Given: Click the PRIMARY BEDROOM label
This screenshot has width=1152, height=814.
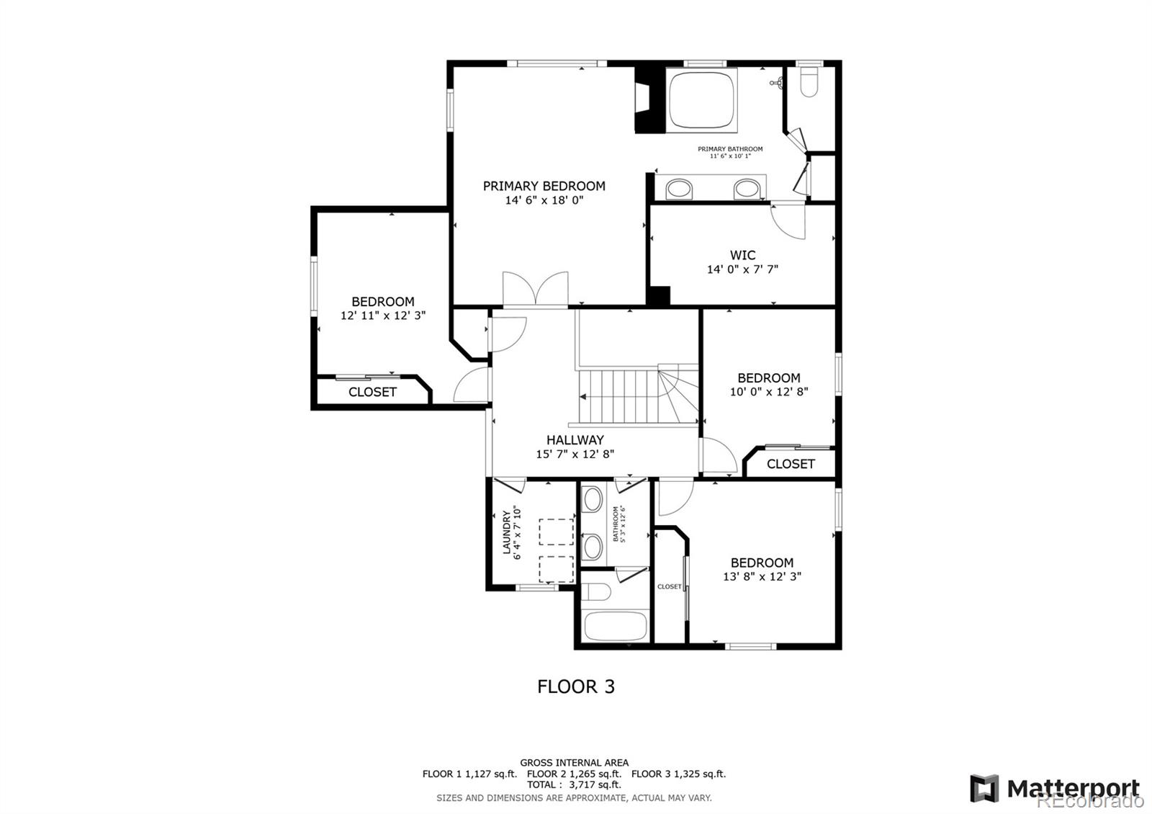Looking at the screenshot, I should point(544,186).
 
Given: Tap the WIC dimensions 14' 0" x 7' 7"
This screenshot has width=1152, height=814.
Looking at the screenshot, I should point(742,269).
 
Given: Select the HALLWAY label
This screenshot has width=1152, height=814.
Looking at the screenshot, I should point(575,440).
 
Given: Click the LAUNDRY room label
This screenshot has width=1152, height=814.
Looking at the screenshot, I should point(507,533).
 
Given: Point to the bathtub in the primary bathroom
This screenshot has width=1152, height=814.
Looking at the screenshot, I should point(702,100).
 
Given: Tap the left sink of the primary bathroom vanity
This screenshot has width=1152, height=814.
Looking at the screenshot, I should point(679,190).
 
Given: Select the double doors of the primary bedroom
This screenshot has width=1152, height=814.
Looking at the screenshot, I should point(535,290).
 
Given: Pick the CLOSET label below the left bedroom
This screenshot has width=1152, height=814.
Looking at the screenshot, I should point(372,392).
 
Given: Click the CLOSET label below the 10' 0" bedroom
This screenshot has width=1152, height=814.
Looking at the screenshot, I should point(791,464).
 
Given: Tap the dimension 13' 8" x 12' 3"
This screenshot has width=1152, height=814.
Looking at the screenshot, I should point(762,576).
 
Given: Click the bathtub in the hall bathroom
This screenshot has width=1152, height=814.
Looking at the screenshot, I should point(615,626).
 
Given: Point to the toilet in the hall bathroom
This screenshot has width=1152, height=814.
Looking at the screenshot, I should point(597,591).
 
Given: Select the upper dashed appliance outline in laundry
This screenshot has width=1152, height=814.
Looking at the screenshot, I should point(557,532).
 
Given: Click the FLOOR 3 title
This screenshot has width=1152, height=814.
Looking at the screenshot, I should point(576,686).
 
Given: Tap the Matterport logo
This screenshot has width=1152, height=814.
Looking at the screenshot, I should point(1054,788).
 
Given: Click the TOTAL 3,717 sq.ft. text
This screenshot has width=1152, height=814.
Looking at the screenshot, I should point(574,784).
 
